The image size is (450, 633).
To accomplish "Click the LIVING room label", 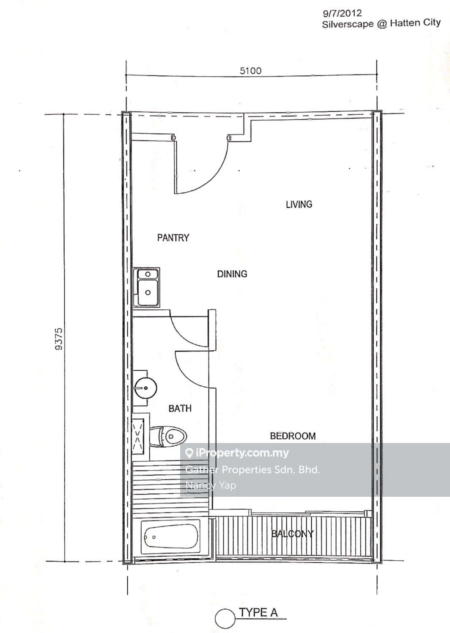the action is pyautogui.click(x=299, y=204).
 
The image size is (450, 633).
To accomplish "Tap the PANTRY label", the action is pyautogui.click(x=173, y=238).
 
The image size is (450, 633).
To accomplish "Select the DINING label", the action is pyautogui.click(x=232, y=274).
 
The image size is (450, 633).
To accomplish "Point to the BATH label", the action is pyautogui.click(x=180, y=408).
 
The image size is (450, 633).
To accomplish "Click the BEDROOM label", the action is pyautogui.click(x=293, y=436).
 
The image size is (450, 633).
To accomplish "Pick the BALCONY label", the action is pyautogui.click(x=292, y=534).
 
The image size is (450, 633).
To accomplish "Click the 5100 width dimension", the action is pyautogui.click(x=250, y=71).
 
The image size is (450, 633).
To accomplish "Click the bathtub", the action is pyautogui.click(x=171, y=537).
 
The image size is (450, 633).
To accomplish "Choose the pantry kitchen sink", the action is pyautogui.click(x=146, y=287).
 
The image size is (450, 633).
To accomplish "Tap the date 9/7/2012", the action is pyautogui.click(x=342, y=13).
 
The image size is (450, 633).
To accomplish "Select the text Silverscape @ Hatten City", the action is pyautogui.click(x=381, y=23).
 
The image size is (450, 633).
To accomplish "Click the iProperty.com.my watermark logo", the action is pyautogui.click(x=237, y=453).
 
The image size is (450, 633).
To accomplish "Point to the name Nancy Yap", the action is pyautogui.click(x=211, y=485).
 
